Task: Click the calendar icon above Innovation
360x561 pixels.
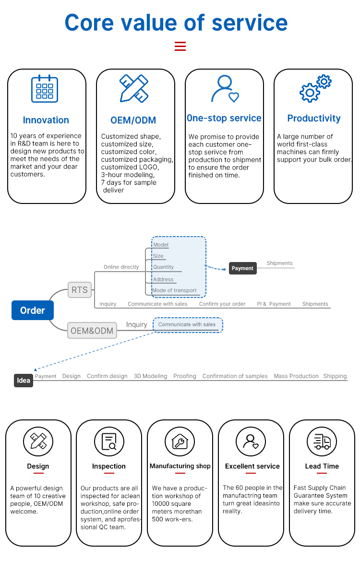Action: (x=45, y=89)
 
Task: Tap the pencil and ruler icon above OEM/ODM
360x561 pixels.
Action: (x=134, y=88)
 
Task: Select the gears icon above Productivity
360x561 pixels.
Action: (x=315, y=88)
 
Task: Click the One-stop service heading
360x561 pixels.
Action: (x=224, y=118)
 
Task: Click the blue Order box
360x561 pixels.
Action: (x=33, y=310)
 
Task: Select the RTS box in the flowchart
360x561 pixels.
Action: (x=80, y=290)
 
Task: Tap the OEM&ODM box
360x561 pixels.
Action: (x=92, y=331)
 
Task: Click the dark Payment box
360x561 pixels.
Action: (x=242, y=268)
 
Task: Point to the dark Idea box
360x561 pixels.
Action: (x=24, y=381)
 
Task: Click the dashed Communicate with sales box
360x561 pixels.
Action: (x=188, y=325)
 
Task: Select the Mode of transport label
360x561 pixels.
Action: (x=174, y=290)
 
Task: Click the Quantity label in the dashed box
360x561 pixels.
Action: (x=164, y=267)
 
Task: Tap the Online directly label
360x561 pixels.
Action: (x=121, y=267)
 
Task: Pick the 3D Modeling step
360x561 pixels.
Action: (x=150, y=376)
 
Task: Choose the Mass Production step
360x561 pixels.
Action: (x=296, y=376)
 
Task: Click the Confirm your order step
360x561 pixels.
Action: (x=222, y=304)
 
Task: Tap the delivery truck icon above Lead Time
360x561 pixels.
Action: (x=322, y=442)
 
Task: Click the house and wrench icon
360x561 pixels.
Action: (x=180, y=442)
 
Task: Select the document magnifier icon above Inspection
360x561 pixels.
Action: (x=109, y=442)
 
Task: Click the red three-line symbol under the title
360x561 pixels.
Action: (x=180, y=46)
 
